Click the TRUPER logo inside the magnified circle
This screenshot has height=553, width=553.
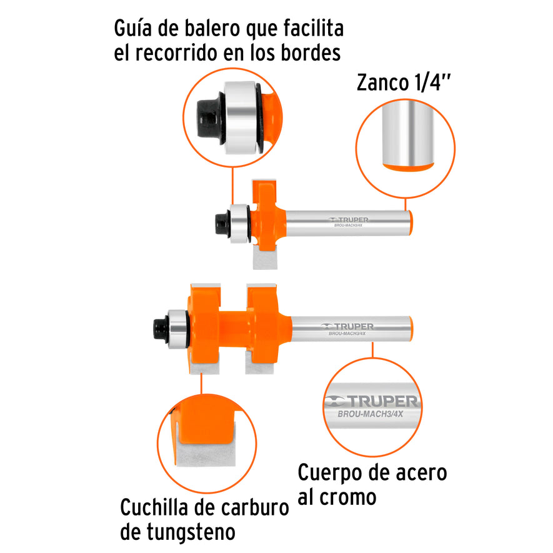pyautogui.click(x=371, y=401)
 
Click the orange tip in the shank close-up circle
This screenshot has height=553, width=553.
pyautogui.click(x=406, y=167)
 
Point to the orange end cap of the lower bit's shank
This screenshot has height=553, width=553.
pyautogui.click(x=412, y=328)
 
